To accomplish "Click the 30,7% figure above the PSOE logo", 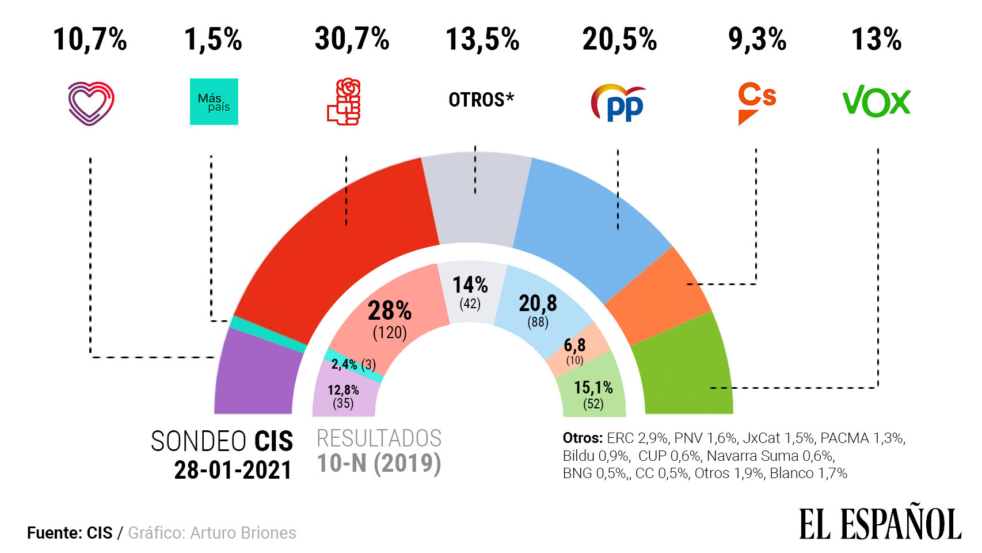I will click(352, 39).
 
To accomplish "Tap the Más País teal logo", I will click(214, 102).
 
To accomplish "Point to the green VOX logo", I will click(876, 102).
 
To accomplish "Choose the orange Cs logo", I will click(756, 103).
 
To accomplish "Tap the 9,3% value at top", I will click(757, 39).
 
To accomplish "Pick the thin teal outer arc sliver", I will click(268, 334).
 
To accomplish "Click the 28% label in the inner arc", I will click(390, 311).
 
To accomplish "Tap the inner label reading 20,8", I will click(538, 303).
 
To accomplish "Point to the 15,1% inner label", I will click(593, 388).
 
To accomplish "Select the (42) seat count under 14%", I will click(470, 304).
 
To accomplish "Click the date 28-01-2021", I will click(233, 470).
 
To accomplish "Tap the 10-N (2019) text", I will click(379, 463).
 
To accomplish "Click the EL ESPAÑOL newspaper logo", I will click(880, 524).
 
